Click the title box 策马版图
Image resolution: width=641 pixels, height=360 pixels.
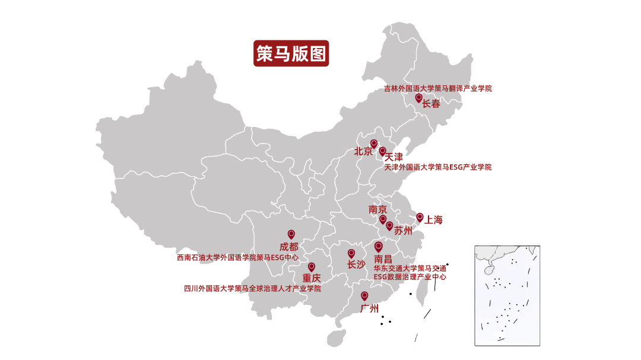click(291, 53)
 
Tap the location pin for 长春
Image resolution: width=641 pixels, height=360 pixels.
click(418, 98)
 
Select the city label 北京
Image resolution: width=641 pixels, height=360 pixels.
click(363, 151)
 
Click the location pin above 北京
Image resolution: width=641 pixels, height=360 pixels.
click(374, 144)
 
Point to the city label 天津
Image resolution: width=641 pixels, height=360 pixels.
click(394, 157)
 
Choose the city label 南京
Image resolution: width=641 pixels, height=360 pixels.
click(377, 209)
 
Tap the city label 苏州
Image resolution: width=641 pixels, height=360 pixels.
click(403, 231)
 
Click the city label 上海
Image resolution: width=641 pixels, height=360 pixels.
click(433, 220)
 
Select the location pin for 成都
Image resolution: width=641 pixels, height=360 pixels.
click(291, 234)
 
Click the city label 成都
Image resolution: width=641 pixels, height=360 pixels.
click(289, 247)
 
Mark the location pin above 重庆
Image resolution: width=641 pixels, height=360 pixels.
click(312, 267)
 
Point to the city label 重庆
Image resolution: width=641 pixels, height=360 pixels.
click(312, 278)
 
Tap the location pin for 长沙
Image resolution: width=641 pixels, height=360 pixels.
click(351, 253)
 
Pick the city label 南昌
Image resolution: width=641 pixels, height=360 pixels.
click(383, 259)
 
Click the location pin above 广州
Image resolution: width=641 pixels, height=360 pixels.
click(364, 295)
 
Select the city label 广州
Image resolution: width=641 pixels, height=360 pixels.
click(370, 308)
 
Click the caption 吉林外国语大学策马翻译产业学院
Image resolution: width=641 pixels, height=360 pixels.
click(438, 88)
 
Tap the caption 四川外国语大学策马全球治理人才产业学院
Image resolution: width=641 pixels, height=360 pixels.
click(252, 289)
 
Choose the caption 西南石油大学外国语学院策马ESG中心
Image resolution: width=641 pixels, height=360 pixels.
click(237, 257)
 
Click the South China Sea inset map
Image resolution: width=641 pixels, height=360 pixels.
click(507, 295)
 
